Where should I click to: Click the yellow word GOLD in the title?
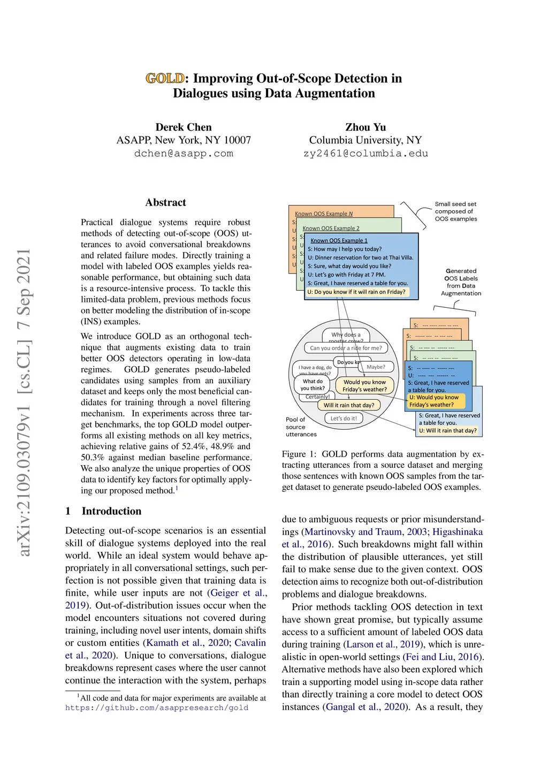point(165,79)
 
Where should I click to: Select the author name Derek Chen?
point(184,127)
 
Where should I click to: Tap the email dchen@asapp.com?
point(184,154)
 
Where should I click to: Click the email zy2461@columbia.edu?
point(366,154)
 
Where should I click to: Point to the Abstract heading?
point(165,202)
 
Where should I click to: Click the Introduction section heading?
point(111,511)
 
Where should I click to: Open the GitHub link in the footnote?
point(157,708)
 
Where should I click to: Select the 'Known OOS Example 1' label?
point(339,241)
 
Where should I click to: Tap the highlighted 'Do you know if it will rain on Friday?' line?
point(356,292)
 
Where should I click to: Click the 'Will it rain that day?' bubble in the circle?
point(349,405)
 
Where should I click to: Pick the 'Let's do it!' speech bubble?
point(344,419)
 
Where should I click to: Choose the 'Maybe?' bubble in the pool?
point(376,367)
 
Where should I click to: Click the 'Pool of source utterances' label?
point(301,427)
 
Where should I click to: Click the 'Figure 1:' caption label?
point(299,454)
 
